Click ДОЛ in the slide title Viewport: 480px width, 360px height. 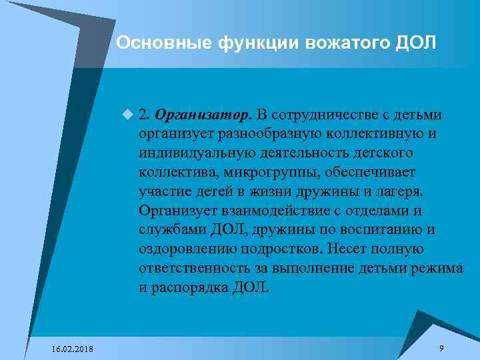pyautogui.click(x=416, y=43)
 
